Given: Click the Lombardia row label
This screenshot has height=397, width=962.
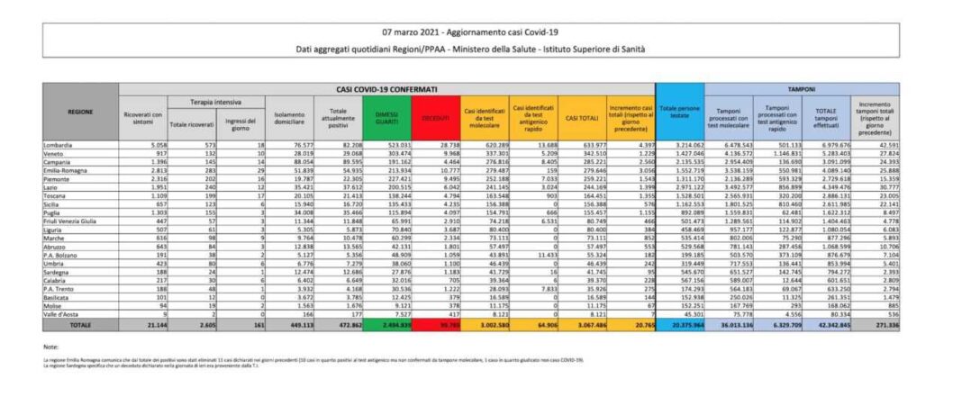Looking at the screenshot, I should click(59, 144).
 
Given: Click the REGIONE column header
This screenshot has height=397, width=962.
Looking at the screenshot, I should click(80, 112).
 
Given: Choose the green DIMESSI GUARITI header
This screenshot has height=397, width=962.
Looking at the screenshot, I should click(385, 118).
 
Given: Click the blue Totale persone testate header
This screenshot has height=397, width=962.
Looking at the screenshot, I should click(680, 112).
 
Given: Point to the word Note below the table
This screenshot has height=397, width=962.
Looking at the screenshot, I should click(50, 346).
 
